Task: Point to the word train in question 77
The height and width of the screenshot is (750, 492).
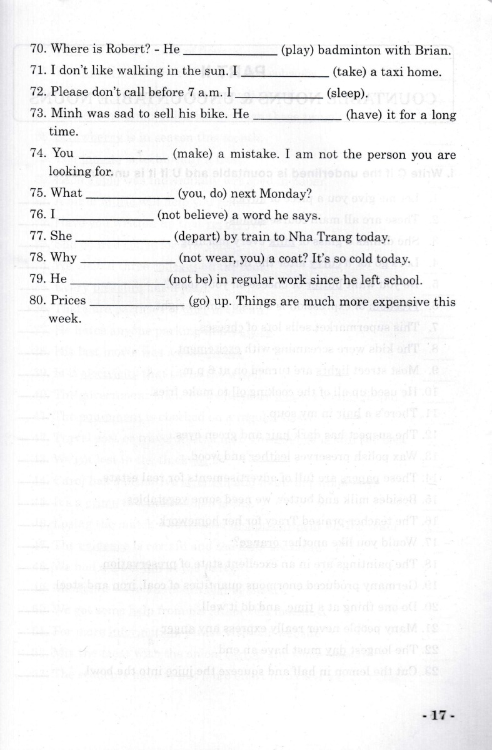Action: point(251,237)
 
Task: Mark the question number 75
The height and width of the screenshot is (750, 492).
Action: point(39,193)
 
